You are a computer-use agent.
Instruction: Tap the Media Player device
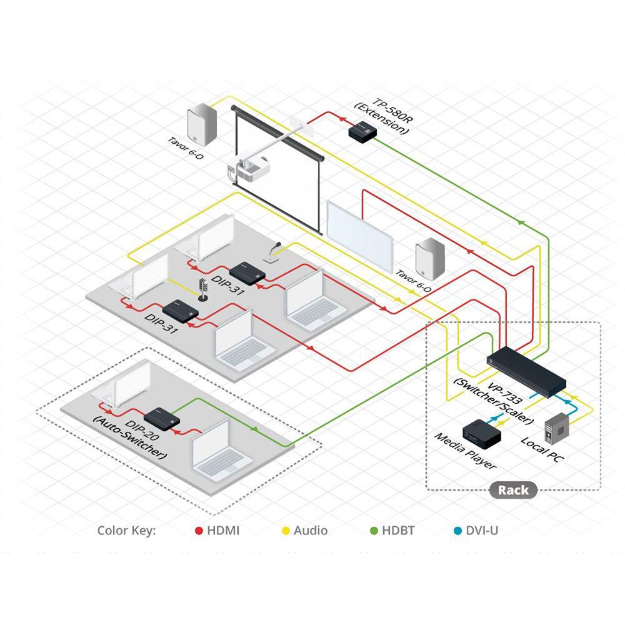click(479, 432)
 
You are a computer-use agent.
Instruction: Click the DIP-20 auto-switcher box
click(162, 417)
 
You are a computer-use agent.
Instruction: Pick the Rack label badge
click(513, 490)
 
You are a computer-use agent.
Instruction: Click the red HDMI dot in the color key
click(199, 531)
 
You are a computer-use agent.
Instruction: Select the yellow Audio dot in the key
click(286, 531)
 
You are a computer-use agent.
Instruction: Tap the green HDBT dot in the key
click(374, 531)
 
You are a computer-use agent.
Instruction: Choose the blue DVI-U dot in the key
click(457, 531)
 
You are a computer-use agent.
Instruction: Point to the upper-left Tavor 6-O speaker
click(201, 129)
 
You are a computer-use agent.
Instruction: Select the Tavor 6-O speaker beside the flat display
click(429, 256)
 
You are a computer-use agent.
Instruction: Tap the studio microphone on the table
click(202, 290)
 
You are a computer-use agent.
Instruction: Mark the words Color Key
click(126, 531)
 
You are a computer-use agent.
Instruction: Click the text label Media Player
click(465, 452)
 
